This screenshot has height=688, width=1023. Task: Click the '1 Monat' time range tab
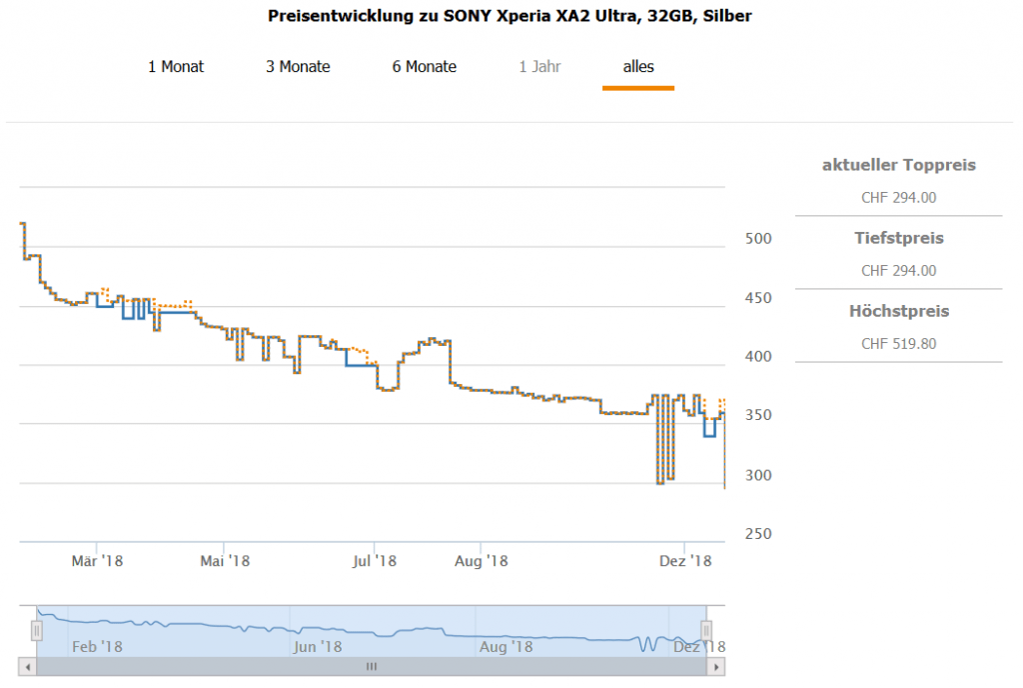176,67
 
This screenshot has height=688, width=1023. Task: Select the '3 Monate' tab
298,67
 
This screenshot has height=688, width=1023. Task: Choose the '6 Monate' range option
425,67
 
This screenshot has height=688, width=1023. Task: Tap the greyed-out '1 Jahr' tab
539,67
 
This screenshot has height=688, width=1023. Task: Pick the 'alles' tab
638,67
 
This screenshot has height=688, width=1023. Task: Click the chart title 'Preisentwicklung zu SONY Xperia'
511,16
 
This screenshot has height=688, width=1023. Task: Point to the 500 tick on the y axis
759,239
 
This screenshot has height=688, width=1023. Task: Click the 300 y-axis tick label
759,475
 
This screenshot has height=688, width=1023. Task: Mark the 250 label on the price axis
759,534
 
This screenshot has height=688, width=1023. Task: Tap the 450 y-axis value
759,298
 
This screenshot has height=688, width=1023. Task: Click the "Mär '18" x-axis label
97,561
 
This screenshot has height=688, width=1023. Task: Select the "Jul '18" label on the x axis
375,561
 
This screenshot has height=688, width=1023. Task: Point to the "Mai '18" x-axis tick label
225,561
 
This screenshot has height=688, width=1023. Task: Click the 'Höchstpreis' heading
899,311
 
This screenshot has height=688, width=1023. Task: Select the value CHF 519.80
899,344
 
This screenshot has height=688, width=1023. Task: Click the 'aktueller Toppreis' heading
899,165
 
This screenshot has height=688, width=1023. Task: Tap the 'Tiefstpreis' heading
899,238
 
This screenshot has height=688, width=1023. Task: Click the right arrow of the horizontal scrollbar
717,666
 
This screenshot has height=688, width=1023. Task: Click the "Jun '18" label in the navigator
319,647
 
